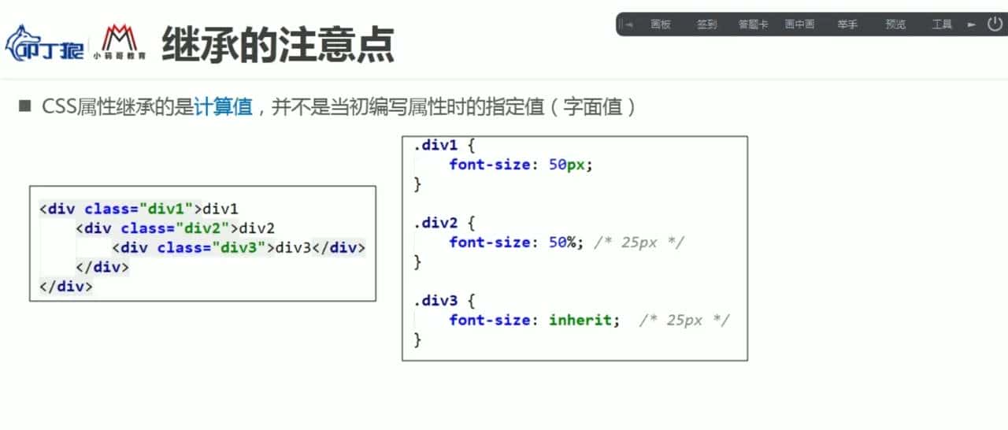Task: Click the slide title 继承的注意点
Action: click(277, 46)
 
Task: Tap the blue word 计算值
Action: click(223, 107)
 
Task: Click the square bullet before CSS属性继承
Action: click(24, 106)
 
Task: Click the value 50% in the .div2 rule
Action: click(564, 242)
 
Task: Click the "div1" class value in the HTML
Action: click(166, 209)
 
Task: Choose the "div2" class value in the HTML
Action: click(202, 228)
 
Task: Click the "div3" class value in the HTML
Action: click(239, 247)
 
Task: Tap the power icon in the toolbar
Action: click(995, 24)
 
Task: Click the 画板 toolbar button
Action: click(661, 24)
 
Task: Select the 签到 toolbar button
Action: click(706, 24)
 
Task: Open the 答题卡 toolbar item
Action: click(753, 24)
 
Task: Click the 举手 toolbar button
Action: click(847, 24)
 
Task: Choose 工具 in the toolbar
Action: click(942, 24)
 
